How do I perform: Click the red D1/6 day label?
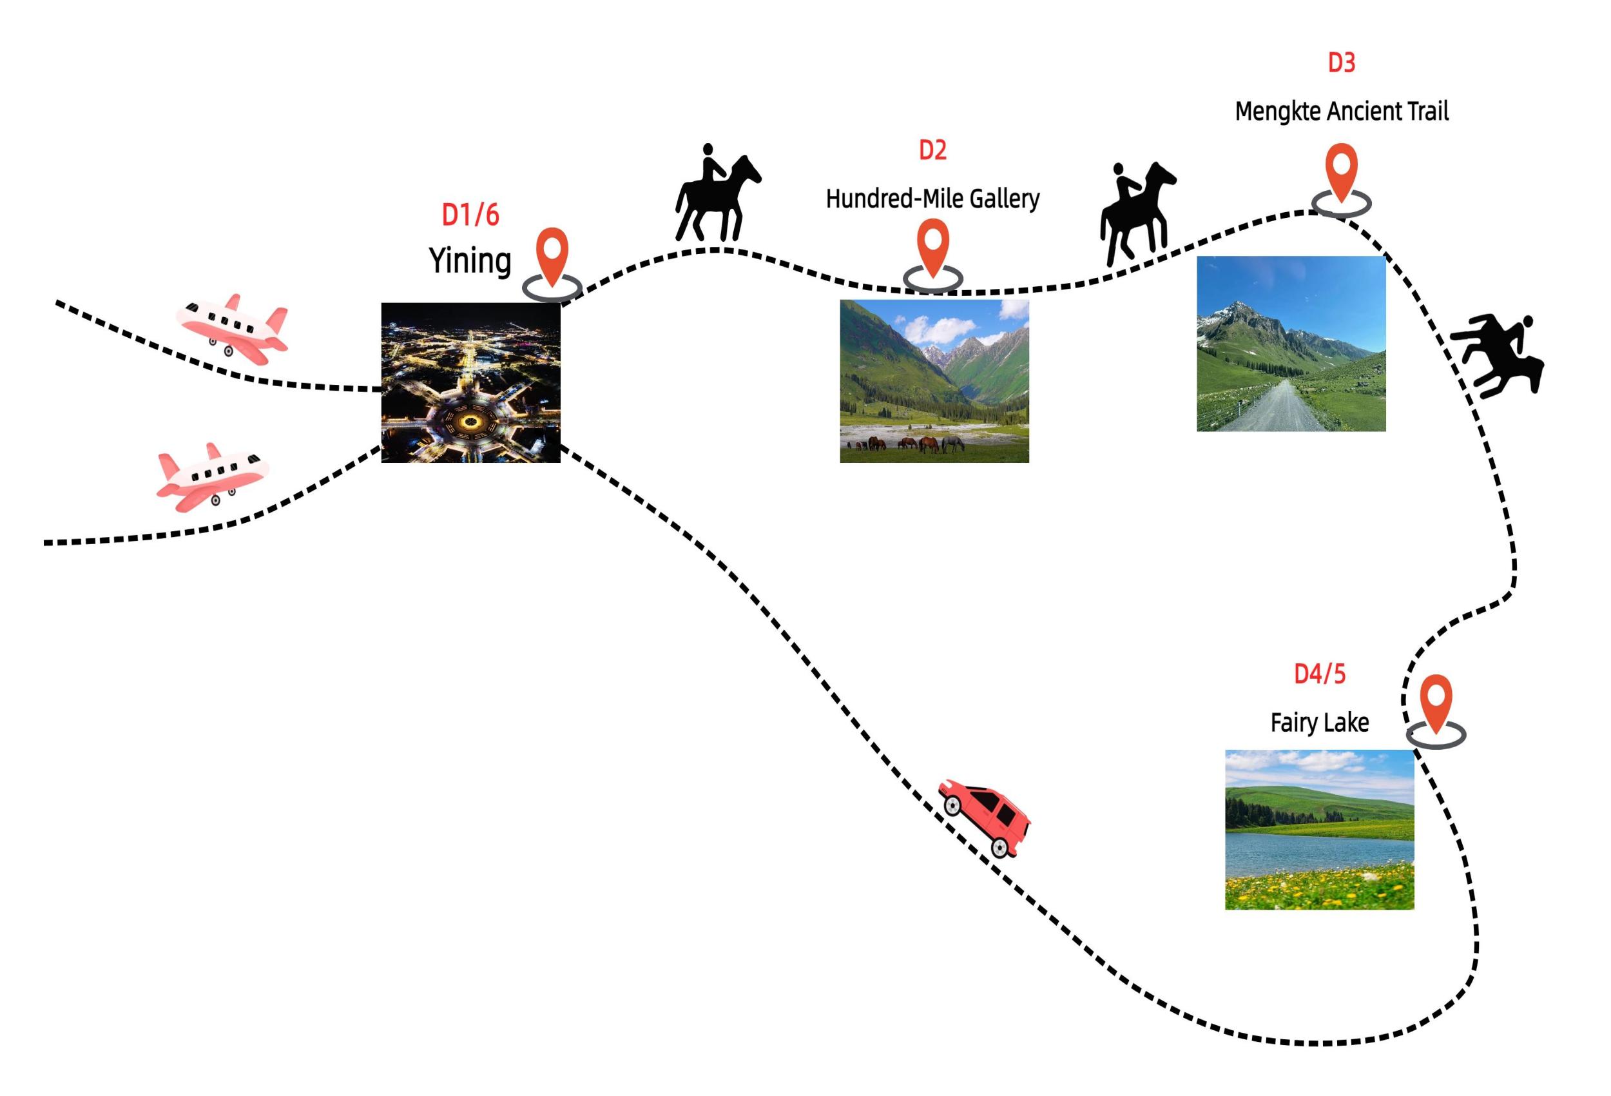(470, 215)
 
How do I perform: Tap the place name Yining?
(470, 261)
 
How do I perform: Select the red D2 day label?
(932, 150)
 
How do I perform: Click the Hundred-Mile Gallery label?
(932, 199)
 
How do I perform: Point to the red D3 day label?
(1342, 63)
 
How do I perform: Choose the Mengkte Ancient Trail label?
(1342, 111)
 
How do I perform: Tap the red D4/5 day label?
(1319, 674)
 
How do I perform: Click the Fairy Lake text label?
(1319, 723)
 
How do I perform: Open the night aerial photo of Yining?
(470, 382)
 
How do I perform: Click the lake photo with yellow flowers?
(1319, 830)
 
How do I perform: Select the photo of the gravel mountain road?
(1291, 344)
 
